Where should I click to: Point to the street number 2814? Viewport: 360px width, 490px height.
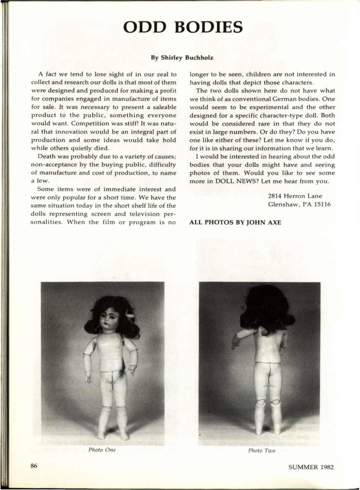[x=276, y=196]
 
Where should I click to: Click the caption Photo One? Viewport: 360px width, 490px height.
[x=102, y=450]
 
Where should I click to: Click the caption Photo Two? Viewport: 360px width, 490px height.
[x=261, y=450]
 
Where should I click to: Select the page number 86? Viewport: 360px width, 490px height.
[x=34, y=466]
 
